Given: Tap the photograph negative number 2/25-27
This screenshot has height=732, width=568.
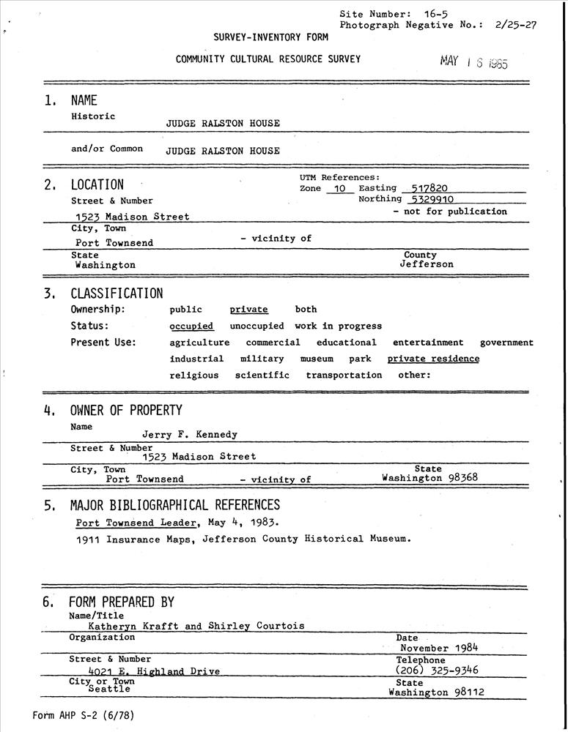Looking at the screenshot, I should [516, 24].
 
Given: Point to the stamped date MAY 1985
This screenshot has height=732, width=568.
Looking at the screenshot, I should [473, 61].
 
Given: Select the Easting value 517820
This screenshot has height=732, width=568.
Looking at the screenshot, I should [429, 188].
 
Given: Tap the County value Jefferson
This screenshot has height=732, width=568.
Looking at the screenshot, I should [427, 264].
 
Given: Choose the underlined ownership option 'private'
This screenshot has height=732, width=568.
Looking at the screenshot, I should [248, 310].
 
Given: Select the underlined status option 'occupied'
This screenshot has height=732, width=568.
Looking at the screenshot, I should [191, 326].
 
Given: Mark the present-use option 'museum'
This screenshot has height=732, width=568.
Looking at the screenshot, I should [317, 359].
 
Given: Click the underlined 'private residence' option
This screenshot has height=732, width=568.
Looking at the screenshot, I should [433, 359].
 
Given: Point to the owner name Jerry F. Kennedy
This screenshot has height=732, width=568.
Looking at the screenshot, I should [190, 435].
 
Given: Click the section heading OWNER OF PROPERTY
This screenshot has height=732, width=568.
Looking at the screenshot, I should [126, 411].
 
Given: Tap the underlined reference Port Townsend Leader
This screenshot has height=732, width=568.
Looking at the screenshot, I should [137, 523].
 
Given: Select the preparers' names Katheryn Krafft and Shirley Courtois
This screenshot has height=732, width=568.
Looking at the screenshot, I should [196, 626].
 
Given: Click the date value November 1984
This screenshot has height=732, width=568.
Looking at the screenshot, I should [439, 648].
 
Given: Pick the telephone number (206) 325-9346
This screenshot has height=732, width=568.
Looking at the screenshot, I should [437, 670].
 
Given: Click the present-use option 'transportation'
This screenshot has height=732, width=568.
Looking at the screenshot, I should [344, 376].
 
